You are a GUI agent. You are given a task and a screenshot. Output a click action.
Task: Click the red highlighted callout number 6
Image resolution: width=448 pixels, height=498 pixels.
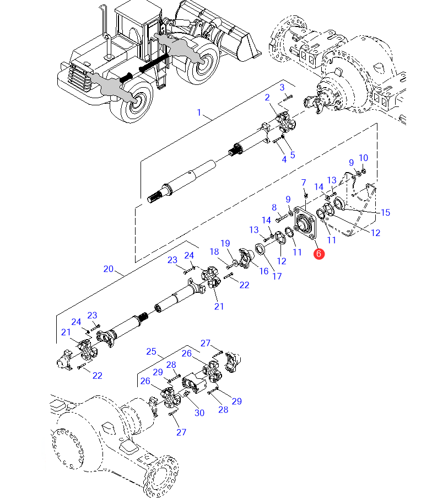click(319, 254)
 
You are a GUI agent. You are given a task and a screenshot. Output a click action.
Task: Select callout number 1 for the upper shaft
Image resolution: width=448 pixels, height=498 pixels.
click(199, 113)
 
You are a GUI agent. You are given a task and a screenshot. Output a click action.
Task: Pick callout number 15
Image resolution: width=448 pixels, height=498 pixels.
click(385, 212)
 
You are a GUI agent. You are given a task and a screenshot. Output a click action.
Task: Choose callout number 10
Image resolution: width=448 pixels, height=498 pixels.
click(363, 158)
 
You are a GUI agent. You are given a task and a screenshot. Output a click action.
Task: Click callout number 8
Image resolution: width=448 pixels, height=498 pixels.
click(274, 207)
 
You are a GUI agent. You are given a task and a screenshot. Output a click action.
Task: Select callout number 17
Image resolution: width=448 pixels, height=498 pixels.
click(277, 276)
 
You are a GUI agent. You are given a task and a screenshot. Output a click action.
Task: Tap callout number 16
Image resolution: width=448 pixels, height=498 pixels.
click(263, 271)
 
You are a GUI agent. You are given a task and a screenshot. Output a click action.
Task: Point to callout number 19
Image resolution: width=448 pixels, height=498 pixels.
click(225, 243)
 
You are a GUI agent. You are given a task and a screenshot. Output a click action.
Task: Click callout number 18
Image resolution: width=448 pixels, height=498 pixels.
click(213, 251)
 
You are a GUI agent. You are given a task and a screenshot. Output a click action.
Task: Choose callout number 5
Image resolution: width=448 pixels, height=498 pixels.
click(293, 155)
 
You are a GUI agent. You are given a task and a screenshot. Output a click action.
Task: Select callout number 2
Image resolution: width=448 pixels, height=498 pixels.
click(267, 98)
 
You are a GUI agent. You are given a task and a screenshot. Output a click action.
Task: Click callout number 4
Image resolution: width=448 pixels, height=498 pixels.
click(284, 159)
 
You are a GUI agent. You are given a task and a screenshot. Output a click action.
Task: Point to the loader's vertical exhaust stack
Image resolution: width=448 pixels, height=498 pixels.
click(102, 28)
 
